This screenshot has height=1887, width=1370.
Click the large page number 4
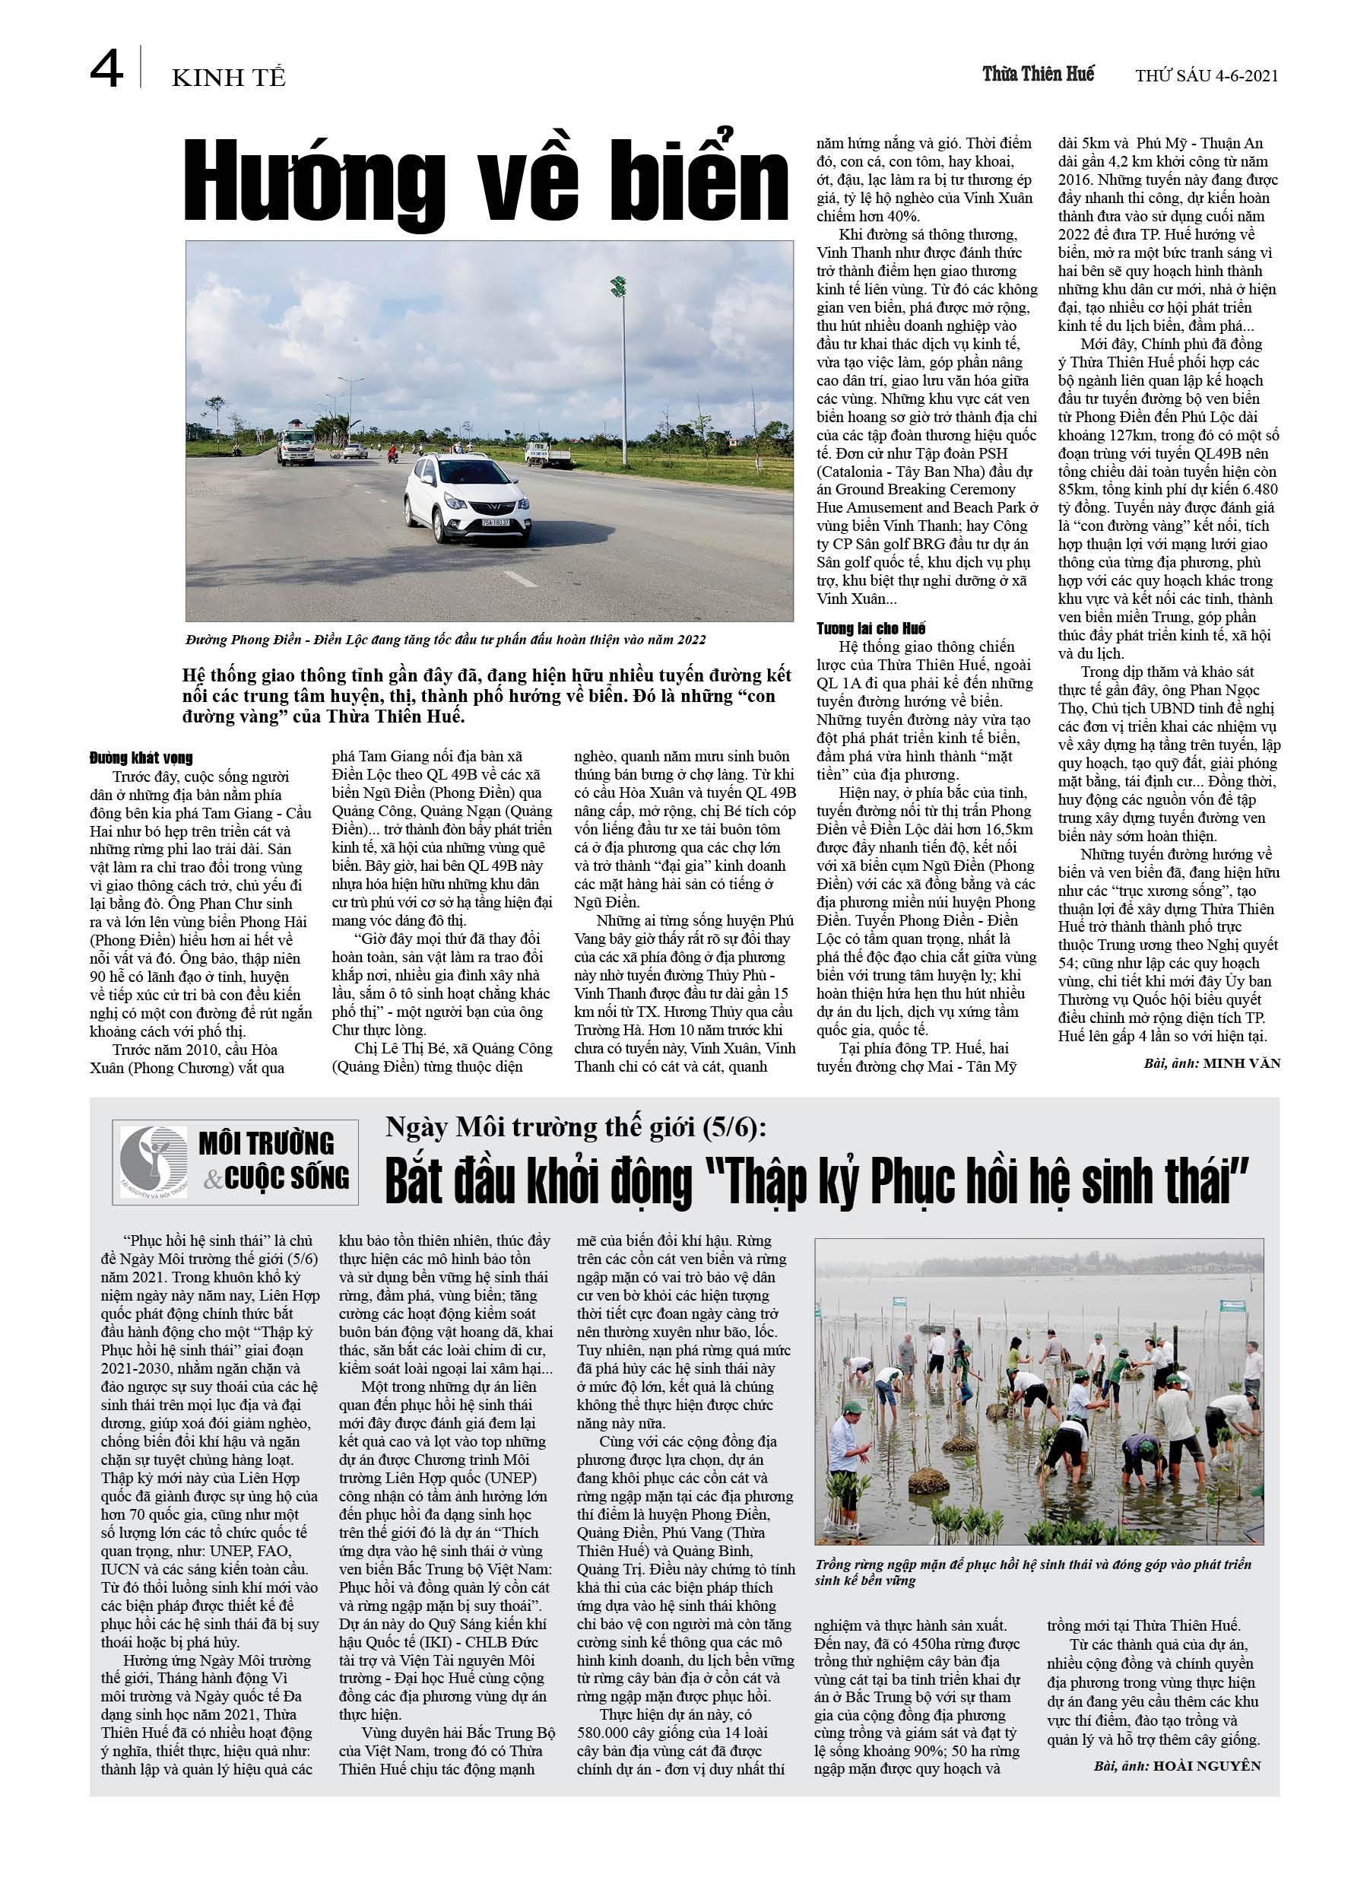pyautogui.click(x=106, y=69)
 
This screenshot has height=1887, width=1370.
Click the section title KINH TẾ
pyautogui.click(x=228, y=78)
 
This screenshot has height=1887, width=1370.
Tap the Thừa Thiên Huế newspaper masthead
pyautogui.click(x=1037, y=74)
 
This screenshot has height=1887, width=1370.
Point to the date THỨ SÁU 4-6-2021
pyautogui.click(x=1206, y=76)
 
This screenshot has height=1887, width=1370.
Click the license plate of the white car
pyautogui.click(x=496, y=523)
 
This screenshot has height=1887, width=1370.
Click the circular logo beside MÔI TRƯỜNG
pyautogui.click(x=153, y=1161)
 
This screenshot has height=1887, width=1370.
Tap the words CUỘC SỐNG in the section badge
pyautogui.click(x=286, y=1178)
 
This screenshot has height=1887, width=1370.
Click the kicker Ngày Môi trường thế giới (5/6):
pyautogui.click(x=576, y=1126)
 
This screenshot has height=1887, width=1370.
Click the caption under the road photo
pyautogui.click(x=446, y=639)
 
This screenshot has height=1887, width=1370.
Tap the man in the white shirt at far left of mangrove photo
pyautogui.click(x=848, y=1437)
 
